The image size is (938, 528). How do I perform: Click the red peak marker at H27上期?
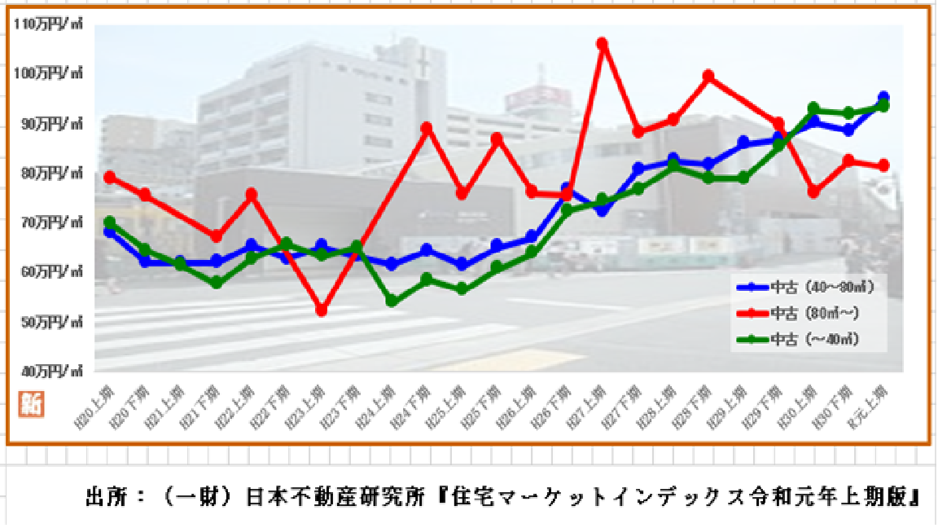[x=602, y=43]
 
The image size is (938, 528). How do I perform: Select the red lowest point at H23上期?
[x=321, y=310]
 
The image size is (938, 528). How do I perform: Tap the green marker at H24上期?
[x=391, y=301]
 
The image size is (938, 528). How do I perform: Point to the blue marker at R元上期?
[x=883, y=98]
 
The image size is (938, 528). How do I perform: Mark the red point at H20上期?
[x=110, y=177]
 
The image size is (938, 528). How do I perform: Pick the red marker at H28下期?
[x=708, y=76]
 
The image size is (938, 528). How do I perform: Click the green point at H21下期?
[x=216, y=283]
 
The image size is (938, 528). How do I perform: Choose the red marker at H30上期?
[x=813, y=191]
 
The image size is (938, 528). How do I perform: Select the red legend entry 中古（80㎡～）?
[x=805, y=312]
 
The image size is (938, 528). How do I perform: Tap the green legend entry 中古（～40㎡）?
[x=805, y=338]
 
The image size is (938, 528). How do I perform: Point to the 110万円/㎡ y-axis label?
[x=48, y=24]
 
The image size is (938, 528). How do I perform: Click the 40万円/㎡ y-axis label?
[x=48, y=372]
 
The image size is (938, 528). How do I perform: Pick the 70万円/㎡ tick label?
[x=48, y=222]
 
